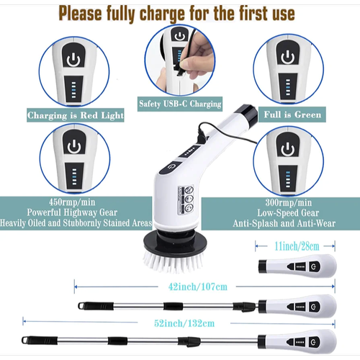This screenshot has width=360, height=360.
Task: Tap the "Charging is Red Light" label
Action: point(76,115)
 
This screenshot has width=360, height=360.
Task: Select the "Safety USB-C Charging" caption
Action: point(180,104)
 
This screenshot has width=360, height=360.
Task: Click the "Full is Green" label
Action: point(292,114)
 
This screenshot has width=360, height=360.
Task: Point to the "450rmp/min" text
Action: point(72,202)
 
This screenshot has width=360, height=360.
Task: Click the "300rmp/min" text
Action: point(288,202)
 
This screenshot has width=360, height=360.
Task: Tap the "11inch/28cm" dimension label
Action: point(297,246)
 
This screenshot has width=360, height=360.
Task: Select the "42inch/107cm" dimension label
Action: point(198,287)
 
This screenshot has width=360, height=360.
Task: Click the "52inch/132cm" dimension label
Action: point(184,323)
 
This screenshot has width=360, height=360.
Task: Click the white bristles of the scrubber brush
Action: point(174,263)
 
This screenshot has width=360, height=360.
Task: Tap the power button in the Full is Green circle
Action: point(287,58)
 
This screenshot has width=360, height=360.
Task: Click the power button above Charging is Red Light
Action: point(73,60)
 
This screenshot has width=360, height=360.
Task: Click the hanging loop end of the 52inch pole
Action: point(25,341)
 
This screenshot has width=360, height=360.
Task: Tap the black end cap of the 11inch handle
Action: point(263,266)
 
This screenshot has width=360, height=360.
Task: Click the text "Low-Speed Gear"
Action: point(288,213)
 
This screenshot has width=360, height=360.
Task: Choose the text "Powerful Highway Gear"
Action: point(72,212)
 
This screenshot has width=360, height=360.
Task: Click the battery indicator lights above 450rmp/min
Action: point(74,176)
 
